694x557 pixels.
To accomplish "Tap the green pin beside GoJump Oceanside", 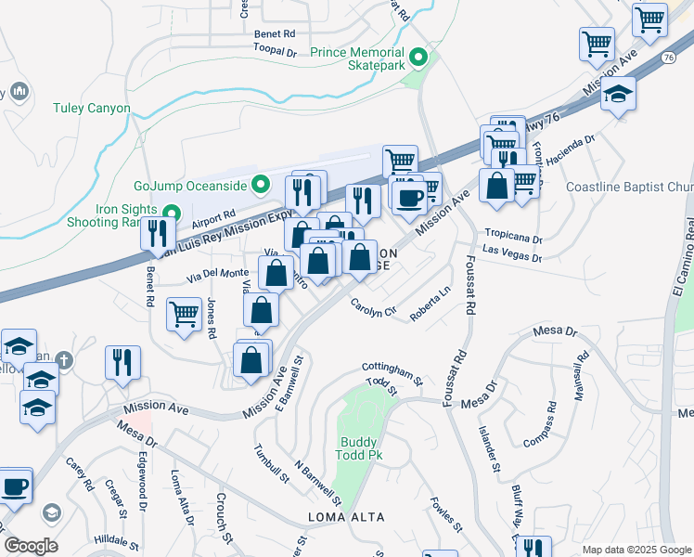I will pos(263,183).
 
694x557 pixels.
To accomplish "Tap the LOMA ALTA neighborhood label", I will pos(346,516).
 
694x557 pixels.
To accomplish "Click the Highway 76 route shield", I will pos(668,58).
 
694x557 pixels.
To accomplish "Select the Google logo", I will pos(31,545).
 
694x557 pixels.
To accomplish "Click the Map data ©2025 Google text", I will pos(637,550).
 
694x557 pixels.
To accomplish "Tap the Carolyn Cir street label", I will pos(373,305).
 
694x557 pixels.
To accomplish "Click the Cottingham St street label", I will pos(393,372).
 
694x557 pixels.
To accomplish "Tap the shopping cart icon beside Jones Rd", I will pos(185,314).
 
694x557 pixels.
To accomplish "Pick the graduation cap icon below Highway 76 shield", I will pos(618,95).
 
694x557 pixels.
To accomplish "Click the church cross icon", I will pos(63,359).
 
